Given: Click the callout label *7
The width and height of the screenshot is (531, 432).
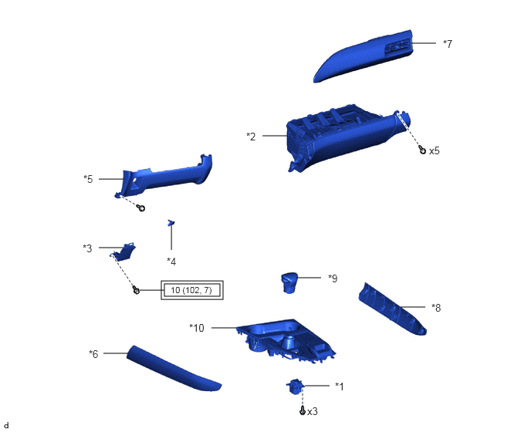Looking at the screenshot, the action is point(448,44).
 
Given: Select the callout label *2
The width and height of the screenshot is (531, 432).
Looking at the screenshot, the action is point(251,137).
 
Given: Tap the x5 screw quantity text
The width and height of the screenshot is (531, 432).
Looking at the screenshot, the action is point(435,150).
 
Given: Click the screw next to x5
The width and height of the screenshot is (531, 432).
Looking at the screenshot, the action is point(422,150).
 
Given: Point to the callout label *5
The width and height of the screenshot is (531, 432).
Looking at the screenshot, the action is point(88,179).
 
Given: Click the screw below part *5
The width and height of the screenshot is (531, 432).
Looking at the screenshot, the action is point(141,208).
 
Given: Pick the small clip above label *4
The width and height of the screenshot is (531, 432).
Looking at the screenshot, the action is point(171,222).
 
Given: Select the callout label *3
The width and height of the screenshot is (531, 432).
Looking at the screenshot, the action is point(87,248).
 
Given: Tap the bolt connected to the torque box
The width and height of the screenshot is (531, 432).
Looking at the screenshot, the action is point(136,290).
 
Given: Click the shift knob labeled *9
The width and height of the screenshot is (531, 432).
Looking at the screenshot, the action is point(289,282).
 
